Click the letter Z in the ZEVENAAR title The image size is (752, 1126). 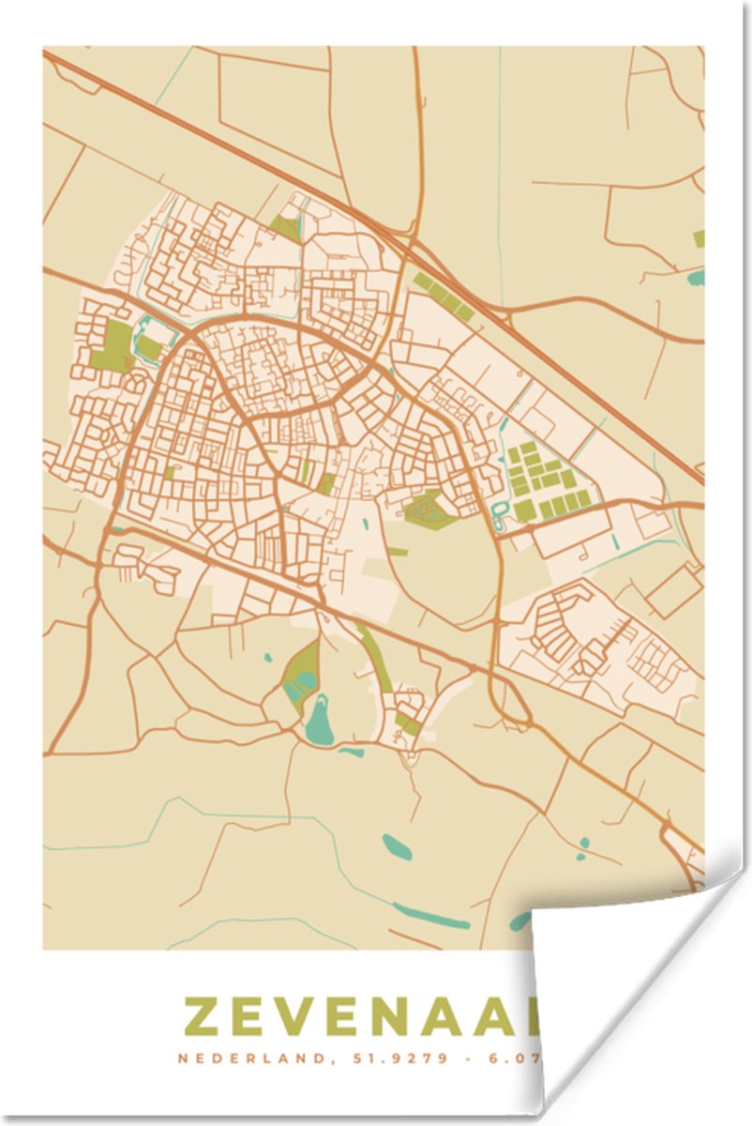[203, 1016]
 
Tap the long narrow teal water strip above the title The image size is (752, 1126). [431, 915]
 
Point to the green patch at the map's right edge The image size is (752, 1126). [699, 238]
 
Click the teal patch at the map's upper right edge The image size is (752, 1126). [695, 277]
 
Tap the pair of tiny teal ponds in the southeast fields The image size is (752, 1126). [582, 848]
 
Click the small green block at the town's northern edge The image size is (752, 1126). [285, 226]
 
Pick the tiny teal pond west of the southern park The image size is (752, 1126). [268, 658]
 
